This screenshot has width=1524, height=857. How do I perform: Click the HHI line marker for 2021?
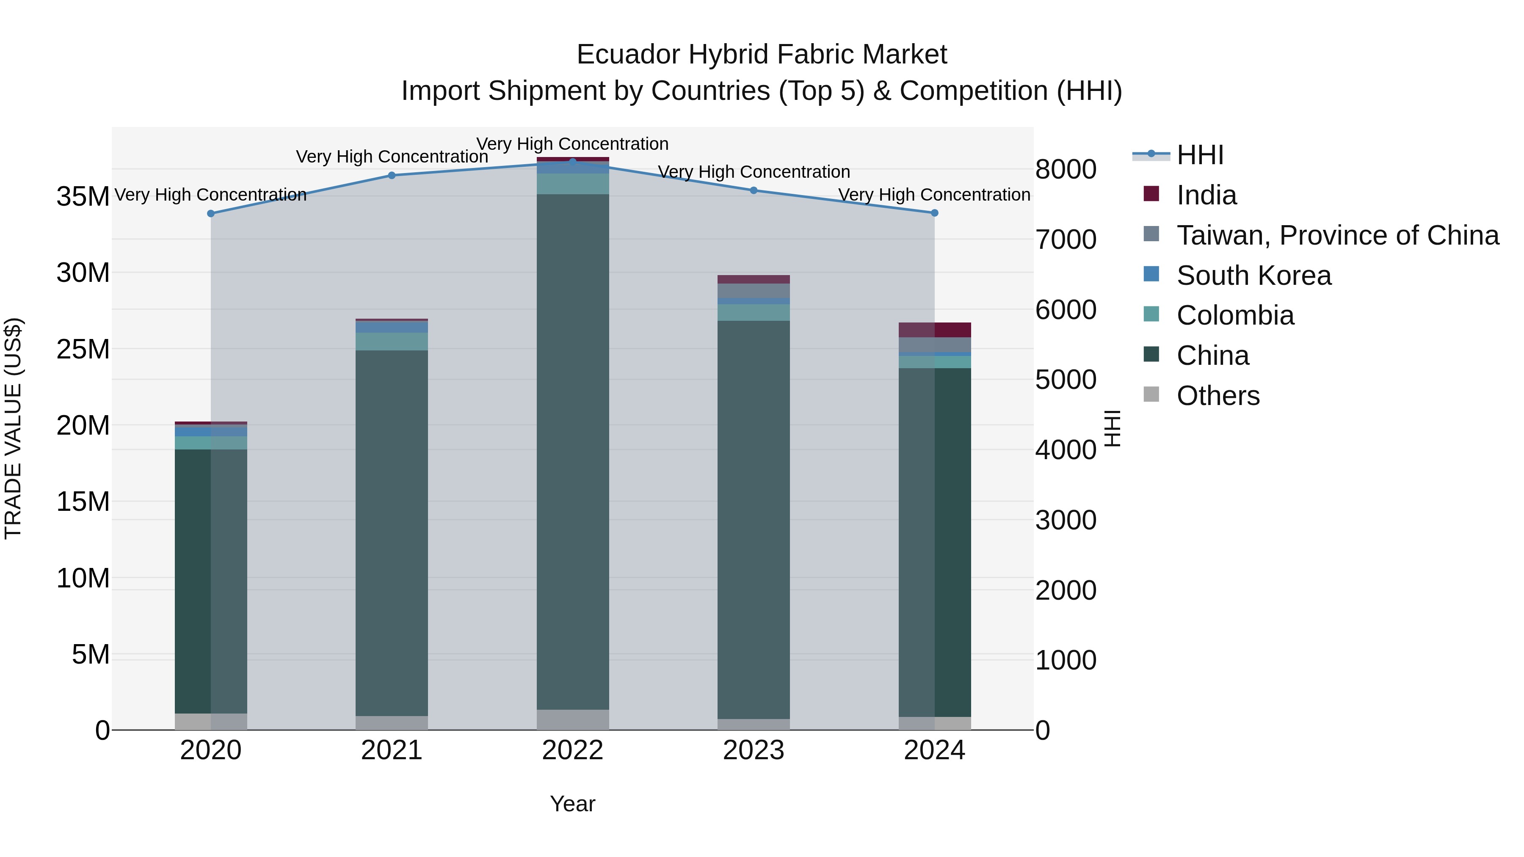[x=392, y=175]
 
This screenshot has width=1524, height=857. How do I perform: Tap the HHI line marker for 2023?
[x=754, y=190]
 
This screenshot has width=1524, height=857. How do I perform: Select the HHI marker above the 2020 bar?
[x=211, y=214]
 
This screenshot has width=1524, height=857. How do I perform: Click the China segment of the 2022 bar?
[x=573, y=449]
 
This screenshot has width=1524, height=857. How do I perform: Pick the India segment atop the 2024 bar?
[x=935, y=329]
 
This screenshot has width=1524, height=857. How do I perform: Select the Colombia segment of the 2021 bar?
[x=392, y=341]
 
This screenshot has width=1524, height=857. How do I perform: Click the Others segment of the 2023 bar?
[x=754, y=724]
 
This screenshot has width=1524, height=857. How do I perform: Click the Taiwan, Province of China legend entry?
[x=1337, y=235]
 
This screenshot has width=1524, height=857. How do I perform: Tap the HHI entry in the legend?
[x=1200, y=155]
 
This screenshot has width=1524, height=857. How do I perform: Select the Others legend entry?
[x=1218, y=396]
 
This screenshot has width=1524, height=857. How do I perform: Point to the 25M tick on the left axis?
[x=83, y=350]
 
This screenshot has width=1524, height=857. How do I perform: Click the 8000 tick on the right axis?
[x=1066, y=170]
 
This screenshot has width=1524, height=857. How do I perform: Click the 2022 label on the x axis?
[x=573, y=750]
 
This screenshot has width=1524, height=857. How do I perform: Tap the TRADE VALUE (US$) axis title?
[x=13, y=428]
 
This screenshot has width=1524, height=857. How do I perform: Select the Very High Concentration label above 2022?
[x=573, y=144]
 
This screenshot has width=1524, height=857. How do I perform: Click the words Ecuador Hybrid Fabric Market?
[x=762, y=55]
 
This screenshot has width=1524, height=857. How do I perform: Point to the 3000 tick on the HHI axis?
[x=1066, y=521]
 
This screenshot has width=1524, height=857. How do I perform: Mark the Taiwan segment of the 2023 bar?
[x=754, y=291]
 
